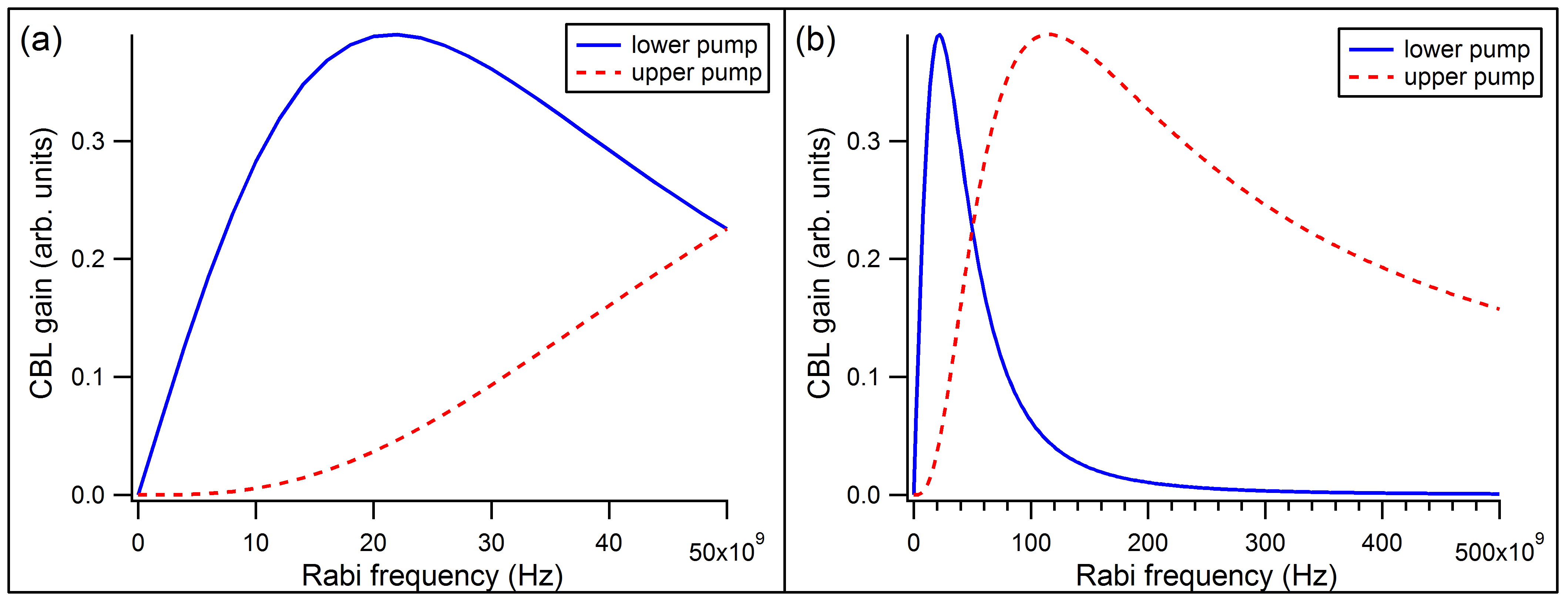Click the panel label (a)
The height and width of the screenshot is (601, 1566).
click(41, 41)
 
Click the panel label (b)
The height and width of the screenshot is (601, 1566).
click(815, 41)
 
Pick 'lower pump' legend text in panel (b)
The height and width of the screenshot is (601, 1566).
click(1466, 49)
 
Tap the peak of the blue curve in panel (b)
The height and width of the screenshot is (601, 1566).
click(939, 35)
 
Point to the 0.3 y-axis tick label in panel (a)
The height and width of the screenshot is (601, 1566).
click(88, 142)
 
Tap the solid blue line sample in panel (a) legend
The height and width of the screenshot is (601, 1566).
click(598, 45)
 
